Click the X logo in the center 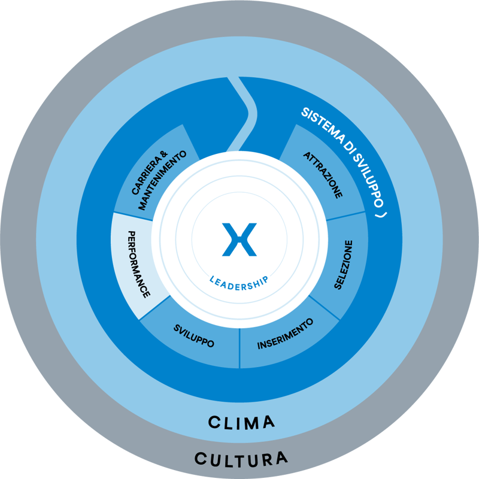(x=239, y=239)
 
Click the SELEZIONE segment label (x=344, y=265)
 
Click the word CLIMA (x=241, y=422)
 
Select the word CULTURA (x=241, y=459)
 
